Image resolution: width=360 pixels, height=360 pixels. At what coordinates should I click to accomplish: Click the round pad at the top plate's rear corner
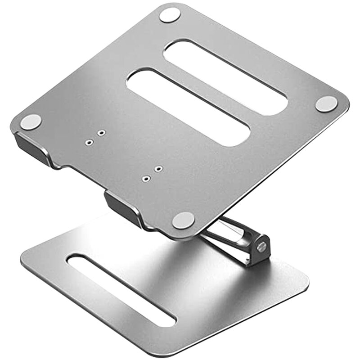[x=170, y=15]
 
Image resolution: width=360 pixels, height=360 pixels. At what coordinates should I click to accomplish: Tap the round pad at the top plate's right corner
[x=326, y=104]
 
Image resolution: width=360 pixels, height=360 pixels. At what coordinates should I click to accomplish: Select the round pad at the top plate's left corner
[x=31, y=122]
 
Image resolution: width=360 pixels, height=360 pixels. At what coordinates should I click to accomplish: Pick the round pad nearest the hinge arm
[x=184, y=220]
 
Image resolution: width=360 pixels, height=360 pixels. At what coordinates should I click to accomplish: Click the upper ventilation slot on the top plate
[x=225, y=76]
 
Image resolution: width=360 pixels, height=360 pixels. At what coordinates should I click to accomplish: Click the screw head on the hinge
[x=261, y=246]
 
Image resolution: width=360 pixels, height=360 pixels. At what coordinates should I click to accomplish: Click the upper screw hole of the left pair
[x=102, y=133]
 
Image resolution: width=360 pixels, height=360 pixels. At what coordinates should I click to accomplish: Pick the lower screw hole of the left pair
[x=89, y=142]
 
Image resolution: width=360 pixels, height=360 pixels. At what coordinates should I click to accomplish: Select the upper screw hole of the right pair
[x=158, y=169]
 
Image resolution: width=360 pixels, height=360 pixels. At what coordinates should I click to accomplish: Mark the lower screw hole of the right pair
[x=145, y=179]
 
